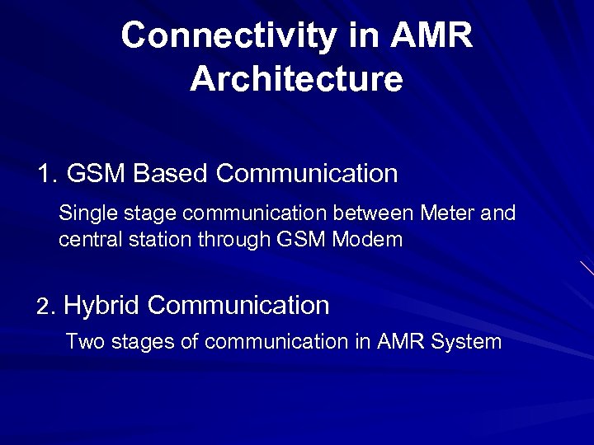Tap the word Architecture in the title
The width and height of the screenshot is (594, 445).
pyautogui.click(x=296, y=80)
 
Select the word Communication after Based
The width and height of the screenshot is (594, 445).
pyautogui.click(x=307, y=174)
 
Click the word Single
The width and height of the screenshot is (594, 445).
pyautogui.click(x=88, y=214)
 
